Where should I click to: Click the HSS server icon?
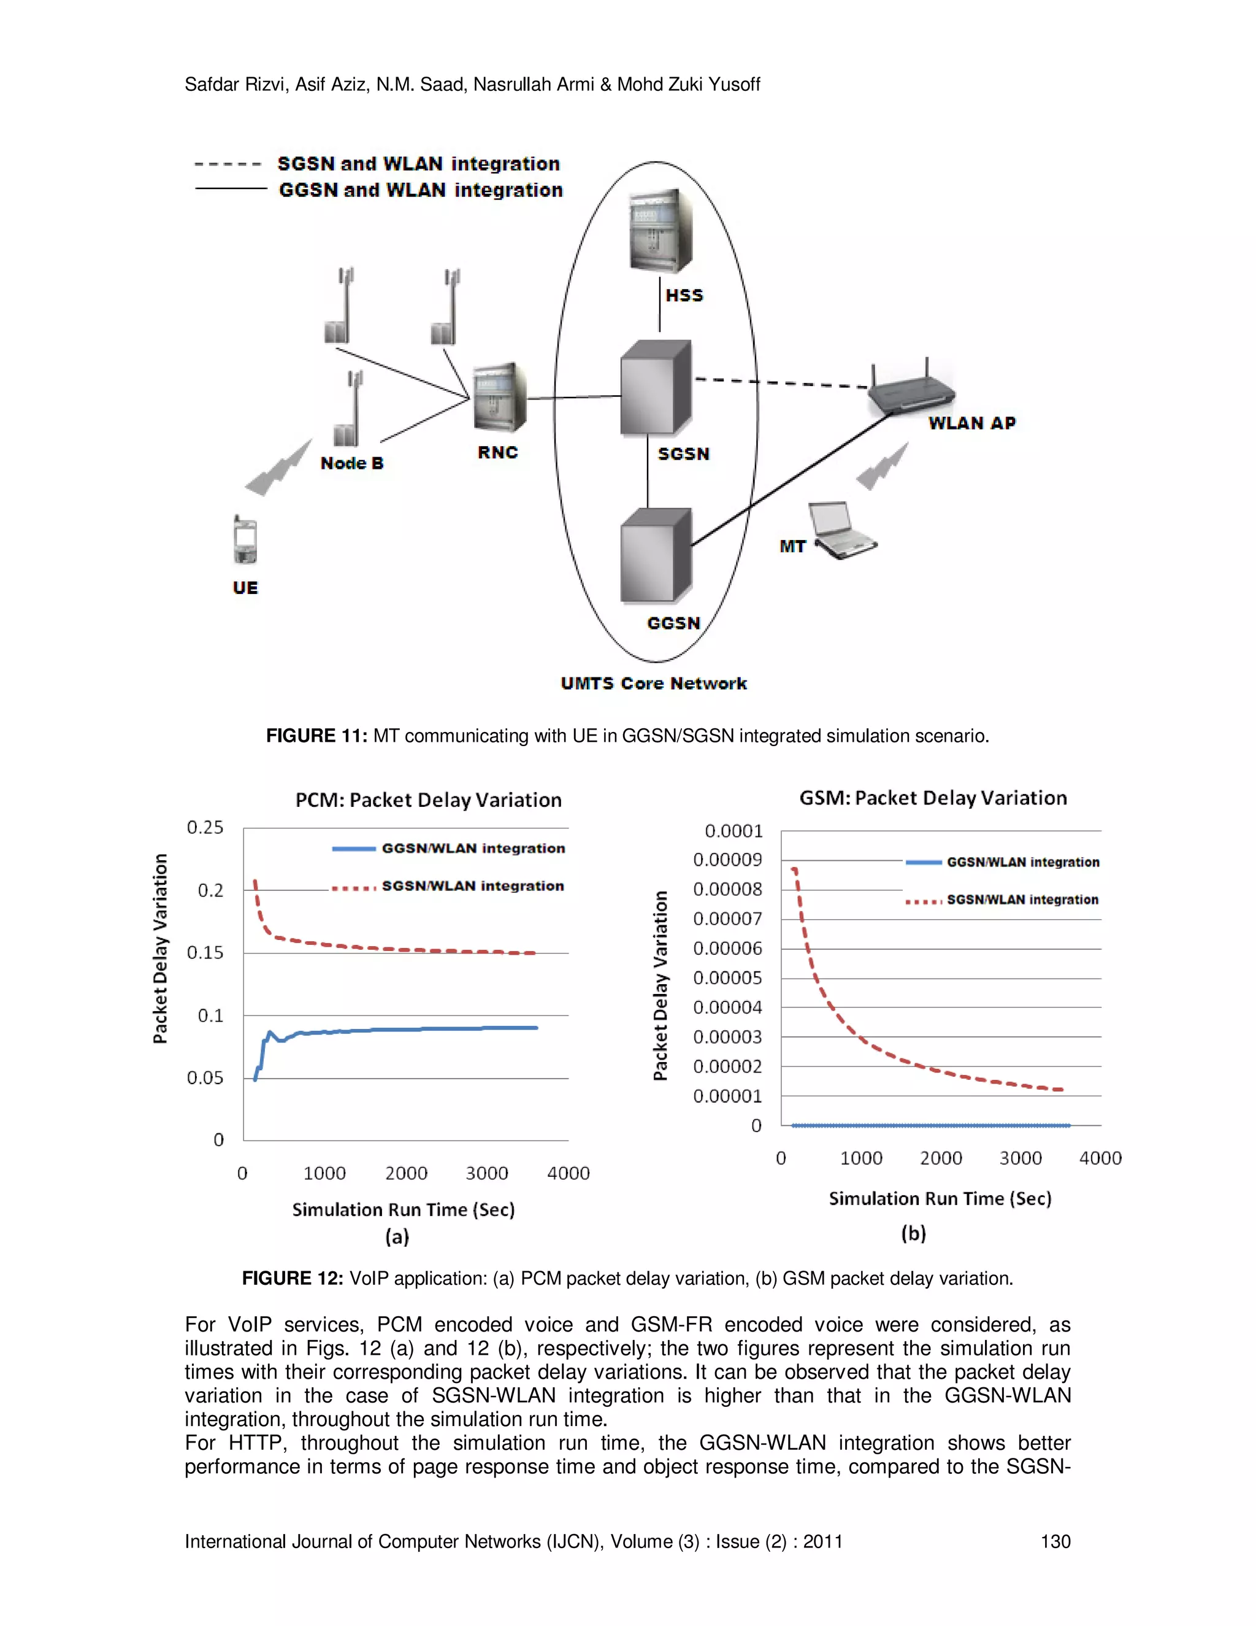tap(660, 231)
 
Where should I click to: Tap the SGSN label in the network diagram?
tap(683, 453)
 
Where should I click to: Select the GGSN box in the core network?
tap(656, 555)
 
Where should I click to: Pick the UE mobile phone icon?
tap(245, 541)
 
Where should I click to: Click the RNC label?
tap(497, 453)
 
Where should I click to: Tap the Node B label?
tap(351, 463)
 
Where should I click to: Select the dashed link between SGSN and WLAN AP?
tap(781, 383)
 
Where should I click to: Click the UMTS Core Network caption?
tap(653, 684)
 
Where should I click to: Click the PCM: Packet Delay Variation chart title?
tap(428, 800)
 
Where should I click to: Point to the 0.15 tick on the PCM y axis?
tap(205, 953)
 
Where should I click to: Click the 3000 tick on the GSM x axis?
tap(1020, 1158)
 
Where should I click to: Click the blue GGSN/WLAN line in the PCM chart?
tap(416, 1030)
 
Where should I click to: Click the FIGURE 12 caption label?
tap(292, 1278)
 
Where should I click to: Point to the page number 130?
tap(1054, 1542)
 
